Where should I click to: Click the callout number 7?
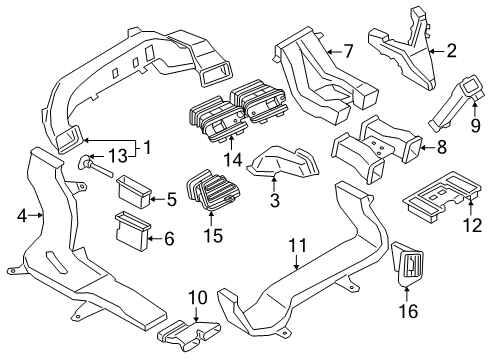348,51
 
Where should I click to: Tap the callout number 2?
451,51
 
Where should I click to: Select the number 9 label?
476,125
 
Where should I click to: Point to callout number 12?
473,225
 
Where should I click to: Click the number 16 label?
409,311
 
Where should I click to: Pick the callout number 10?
198,297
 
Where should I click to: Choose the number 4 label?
22,216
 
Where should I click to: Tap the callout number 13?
119,156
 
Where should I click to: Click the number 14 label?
233,160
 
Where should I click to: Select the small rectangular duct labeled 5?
134,191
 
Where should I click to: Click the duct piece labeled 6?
133,230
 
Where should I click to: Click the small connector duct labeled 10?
189,335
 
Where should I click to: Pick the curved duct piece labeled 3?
283,162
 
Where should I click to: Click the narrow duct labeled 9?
454,102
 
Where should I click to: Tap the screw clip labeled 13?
95,166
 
